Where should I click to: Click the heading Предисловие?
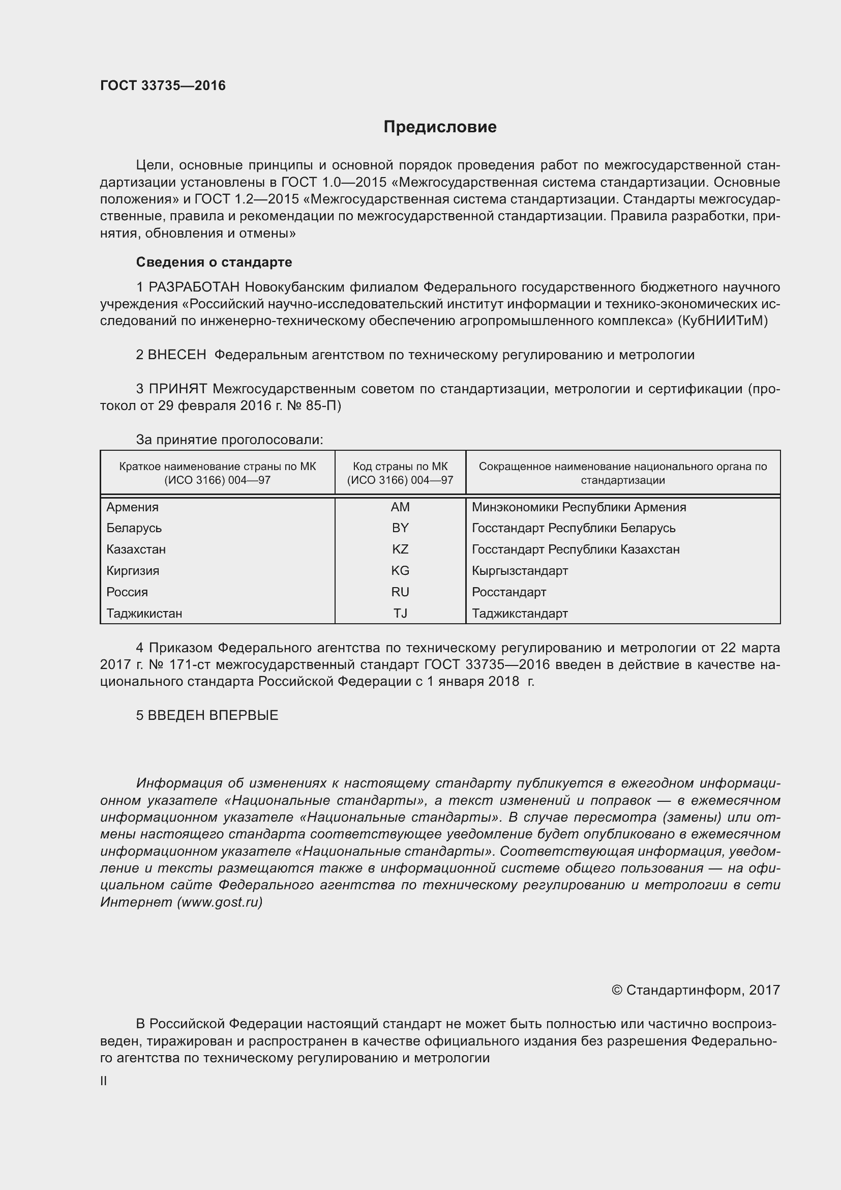[440, 127]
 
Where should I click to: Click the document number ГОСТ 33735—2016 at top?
[163, 85]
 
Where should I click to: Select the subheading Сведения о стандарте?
[214, 262]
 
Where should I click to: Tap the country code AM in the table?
[400, 507]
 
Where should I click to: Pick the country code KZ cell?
[400, 549]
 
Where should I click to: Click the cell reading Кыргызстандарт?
[520, 571]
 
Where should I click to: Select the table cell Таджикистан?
[144, 614]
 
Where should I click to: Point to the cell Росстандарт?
[508, 592]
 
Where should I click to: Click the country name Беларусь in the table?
[134, 528]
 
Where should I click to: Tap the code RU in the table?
[400, 592]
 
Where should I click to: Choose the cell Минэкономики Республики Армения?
[579, 507]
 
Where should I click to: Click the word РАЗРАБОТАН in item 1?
[194, 287]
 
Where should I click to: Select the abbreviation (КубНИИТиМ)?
[723, 321]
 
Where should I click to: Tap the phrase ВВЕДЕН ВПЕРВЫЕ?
[213, 715]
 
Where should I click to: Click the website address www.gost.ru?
[220, 903]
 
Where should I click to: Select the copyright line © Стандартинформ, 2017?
[696, 991]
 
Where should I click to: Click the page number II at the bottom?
[104, 1081]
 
